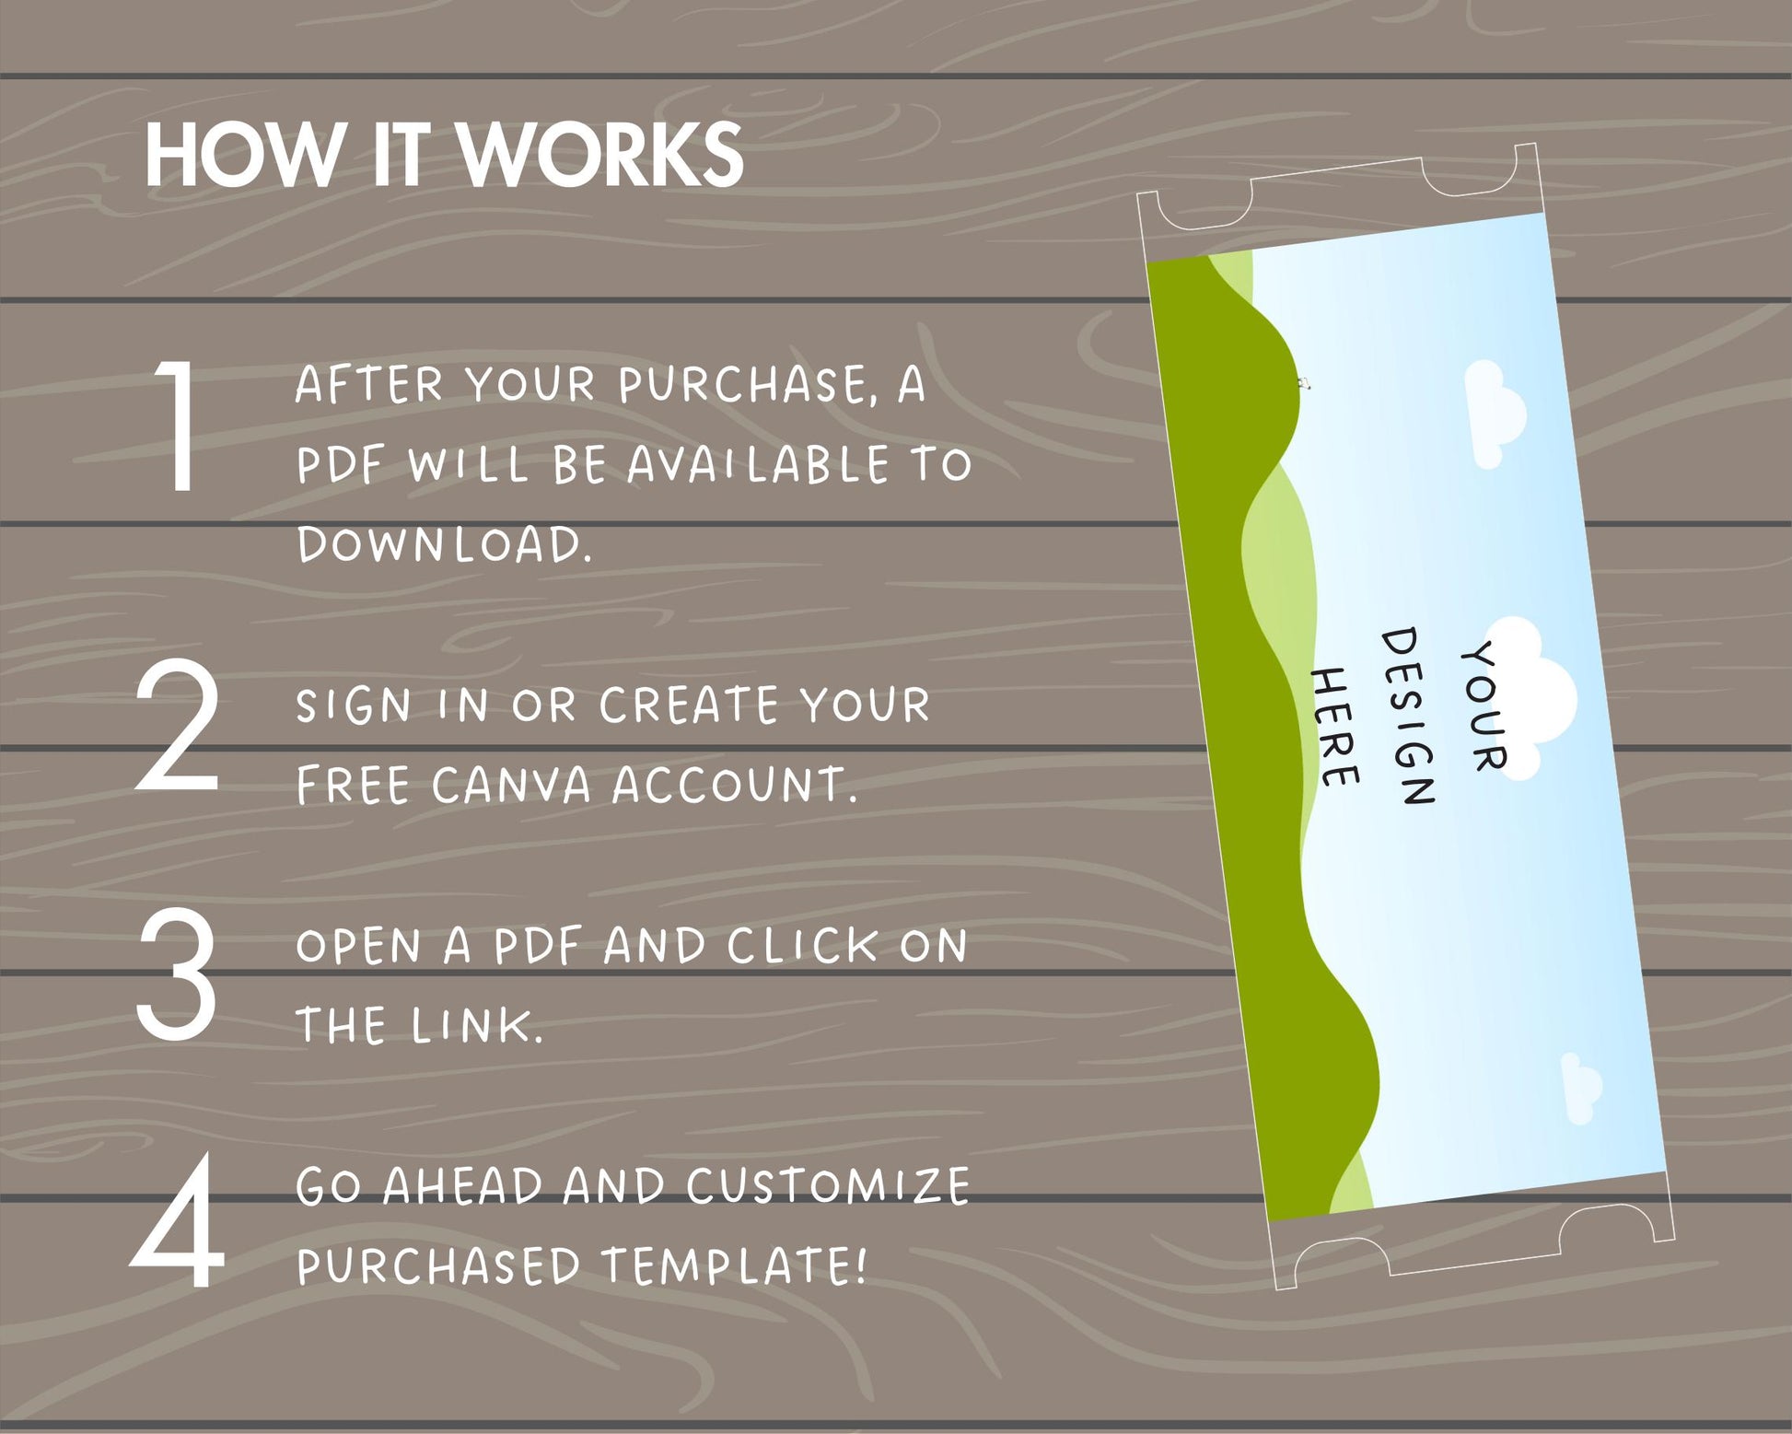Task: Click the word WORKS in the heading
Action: tap(601, 155)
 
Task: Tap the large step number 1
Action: tap(178, 426)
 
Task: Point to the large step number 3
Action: tap(176, 973)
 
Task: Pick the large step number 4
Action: tap(177, 1219)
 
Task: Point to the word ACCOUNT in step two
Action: tap(734, 786)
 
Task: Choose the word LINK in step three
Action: tap(476, 1025)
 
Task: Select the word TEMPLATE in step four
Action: tap(734, 1265)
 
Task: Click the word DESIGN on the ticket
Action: tap(1407, 717)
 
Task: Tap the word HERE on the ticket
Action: tap(1334, 728)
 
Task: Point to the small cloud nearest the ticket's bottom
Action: tap(1581, 1089)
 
